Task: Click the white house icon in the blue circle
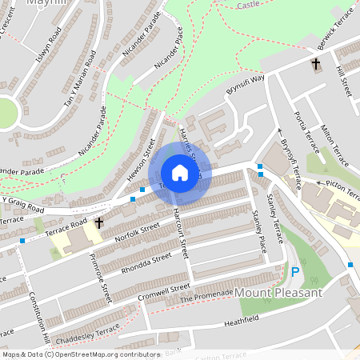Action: [x=180, y=173]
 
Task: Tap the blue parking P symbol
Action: [x=295, y=272]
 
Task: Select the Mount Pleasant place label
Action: [x=278, y=293]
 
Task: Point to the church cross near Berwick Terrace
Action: [x=316, y=63]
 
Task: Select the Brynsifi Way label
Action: [x=244, y=90]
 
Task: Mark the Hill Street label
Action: [x=345, y=80]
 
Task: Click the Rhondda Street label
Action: [x=146, y=263]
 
